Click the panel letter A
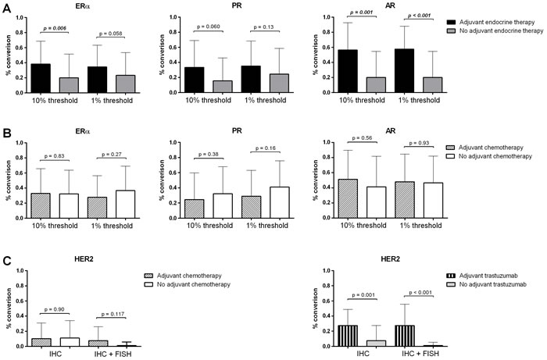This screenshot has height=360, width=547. coord(6,7)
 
